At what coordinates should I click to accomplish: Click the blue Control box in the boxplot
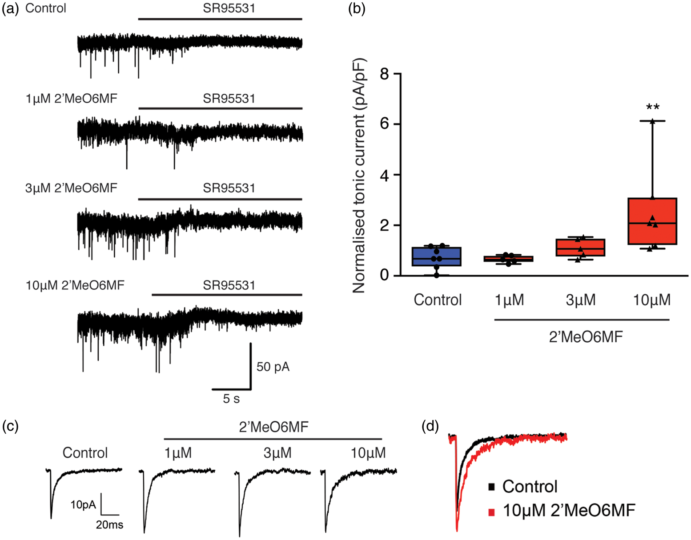coord(436,256)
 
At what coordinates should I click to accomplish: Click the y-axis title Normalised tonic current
coord(359,176)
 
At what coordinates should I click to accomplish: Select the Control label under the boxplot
coord(438,300)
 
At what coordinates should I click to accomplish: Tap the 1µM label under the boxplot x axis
coord(509,300)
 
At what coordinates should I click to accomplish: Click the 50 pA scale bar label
coord(273,367)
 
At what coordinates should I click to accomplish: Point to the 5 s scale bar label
coord(231,399)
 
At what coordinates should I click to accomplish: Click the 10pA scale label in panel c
coord(83,504)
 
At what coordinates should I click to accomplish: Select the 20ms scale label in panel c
coord(109,524)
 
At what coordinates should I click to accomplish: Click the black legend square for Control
coord(492,487)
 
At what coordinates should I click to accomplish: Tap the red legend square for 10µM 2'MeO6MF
coord(492,512)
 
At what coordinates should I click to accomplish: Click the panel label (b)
coord(357,8)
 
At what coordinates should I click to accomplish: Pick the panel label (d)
coord(430,426)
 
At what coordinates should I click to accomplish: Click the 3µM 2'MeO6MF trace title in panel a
coord(71,188)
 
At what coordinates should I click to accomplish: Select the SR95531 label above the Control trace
coord(229,8)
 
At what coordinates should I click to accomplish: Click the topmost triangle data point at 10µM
coord(652,121)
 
